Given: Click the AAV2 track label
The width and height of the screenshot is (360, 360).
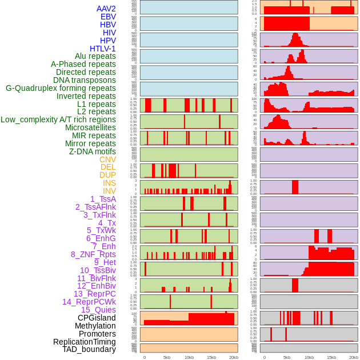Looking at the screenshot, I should (106, 9).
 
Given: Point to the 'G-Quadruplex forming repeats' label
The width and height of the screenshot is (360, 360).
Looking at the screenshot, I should (61, 88).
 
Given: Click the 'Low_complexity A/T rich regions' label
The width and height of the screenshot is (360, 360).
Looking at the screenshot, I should (58, 119).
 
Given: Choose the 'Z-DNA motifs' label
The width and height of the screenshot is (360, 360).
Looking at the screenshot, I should (92, 151).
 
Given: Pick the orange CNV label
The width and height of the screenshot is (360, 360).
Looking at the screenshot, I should (107, 159).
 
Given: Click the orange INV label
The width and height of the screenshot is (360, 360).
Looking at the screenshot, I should (109, 191).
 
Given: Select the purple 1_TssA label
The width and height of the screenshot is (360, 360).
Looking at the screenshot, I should (103, 199).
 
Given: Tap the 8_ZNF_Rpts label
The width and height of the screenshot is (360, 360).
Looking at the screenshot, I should (93, 254).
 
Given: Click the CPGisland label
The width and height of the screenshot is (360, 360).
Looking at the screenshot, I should (97, 318).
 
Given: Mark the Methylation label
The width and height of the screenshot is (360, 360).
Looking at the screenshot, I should (95, 326).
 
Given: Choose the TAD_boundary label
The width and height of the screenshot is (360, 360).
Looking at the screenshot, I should (89, 349).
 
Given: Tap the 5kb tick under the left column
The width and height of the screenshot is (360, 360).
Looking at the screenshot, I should (167, 357).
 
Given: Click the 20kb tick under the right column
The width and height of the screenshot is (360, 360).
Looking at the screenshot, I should (354, 357).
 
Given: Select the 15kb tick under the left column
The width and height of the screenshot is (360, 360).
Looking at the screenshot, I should (211, 357).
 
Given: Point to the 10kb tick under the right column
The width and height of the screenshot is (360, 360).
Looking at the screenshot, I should (309, 357).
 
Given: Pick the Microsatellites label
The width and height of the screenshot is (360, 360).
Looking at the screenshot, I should (90, 127).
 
